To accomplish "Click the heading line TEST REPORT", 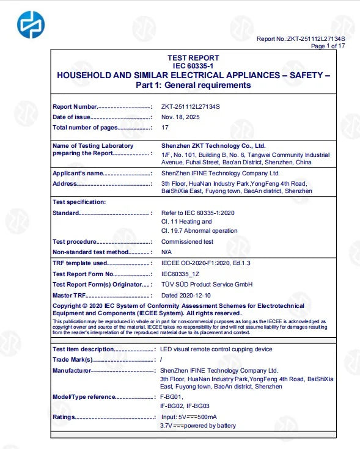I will coord(193,58).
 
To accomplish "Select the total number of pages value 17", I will coord(165,127).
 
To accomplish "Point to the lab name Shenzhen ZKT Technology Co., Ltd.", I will coord(213,146).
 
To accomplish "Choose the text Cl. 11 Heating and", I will coord(186,222).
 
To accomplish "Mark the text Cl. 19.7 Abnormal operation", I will coord(199,231).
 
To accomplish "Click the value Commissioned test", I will coord(187,242).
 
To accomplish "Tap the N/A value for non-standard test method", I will coord(166,252).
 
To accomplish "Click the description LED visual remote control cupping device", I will coord(216,349).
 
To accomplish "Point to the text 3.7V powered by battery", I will coord(197,425).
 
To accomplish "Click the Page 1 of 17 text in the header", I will coord(328,46).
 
